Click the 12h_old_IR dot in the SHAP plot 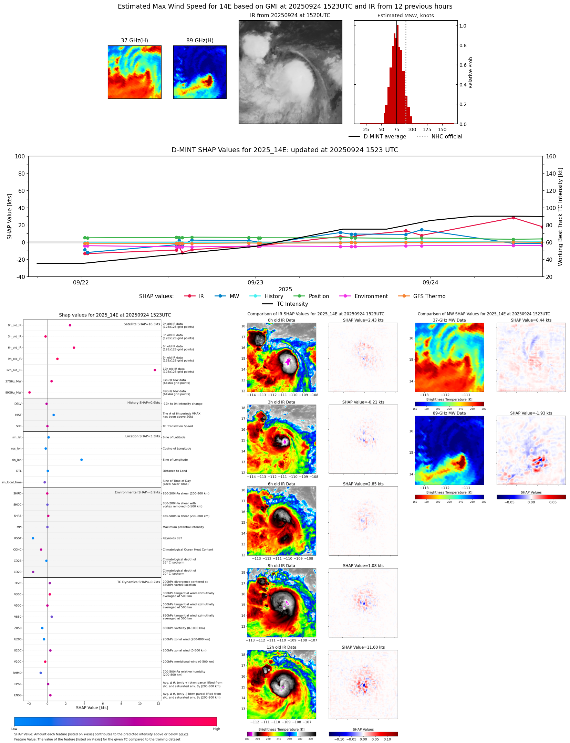155,370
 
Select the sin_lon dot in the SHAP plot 81,460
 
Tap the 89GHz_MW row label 13,393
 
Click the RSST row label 18,538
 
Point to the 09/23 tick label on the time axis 255,283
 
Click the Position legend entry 311,296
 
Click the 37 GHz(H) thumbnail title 134,41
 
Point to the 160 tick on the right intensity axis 551,156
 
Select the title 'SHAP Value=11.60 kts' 363,648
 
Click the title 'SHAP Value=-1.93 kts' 531,413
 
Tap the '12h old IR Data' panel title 281,648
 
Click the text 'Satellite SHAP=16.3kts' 142,324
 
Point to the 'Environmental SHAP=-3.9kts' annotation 137,492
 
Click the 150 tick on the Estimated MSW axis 442,130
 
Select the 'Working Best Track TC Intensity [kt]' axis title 560,217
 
